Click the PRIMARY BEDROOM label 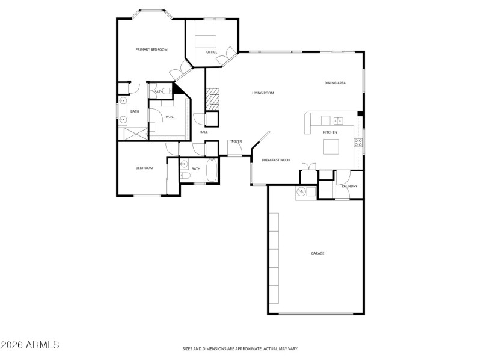click(151, 49)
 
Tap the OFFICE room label click(212, 52)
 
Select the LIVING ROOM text click(263, 93)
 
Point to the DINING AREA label click(335, 83)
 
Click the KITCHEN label click(330, 132)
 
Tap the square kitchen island click(331, 147)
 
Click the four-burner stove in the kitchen click(358, 143)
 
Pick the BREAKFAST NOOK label click(276, 160)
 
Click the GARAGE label click(317, 253)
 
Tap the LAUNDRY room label click(349, 186)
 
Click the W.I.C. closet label click(170, 117)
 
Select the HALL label click(203, 132)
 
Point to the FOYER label click(236, 141)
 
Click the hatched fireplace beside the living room click(211, 99)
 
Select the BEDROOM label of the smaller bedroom click(144, 168)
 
